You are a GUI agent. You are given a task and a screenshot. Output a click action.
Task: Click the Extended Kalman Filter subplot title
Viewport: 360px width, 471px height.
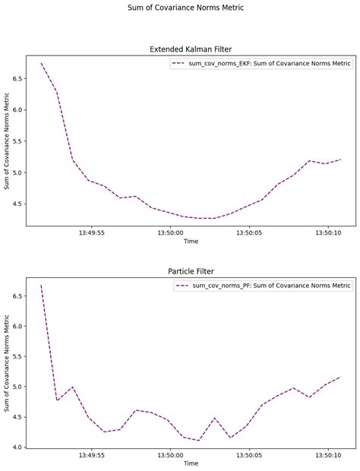(191, 49)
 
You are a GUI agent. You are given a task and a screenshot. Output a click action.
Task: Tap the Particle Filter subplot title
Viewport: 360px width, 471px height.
(191, 271)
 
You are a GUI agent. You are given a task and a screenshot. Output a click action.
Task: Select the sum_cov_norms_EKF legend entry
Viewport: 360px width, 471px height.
(261, 64)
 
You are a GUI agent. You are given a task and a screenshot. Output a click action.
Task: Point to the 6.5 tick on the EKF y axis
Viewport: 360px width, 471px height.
(16, 78)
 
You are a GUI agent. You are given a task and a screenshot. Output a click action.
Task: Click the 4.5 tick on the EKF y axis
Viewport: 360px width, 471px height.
(16, 204)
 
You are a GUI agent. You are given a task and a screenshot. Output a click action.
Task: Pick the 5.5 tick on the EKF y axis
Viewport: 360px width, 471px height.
(16, 141)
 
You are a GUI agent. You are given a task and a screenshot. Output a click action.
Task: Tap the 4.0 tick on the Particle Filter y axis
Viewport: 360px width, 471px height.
(16, 447)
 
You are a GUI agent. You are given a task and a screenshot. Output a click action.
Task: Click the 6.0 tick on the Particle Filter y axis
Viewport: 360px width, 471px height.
(16, 326)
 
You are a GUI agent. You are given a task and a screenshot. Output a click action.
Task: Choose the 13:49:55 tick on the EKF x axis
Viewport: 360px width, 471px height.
(92, 233)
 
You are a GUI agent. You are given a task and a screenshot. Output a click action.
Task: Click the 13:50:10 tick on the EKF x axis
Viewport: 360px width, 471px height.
(327, 233)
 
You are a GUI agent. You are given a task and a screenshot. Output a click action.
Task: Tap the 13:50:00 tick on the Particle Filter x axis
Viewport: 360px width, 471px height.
(170, 455)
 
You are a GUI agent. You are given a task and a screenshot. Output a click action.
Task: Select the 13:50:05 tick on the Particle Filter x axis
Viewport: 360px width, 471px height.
(249, 455)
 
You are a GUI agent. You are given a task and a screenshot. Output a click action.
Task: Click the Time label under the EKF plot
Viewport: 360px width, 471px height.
(191, 242)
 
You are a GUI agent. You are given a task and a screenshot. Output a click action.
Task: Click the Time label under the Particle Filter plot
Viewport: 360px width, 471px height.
(191, 463)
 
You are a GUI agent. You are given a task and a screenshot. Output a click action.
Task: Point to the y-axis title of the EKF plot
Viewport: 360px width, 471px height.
(7, 141)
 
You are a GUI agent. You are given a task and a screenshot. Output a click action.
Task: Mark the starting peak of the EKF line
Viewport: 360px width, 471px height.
(41, 63)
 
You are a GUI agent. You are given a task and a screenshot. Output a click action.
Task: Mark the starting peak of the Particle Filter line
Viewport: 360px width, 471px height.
(41, 285)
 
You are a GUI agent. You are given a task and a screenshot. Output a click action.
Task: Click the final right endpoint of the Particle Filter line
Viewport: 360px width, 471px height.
(340, 377)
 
